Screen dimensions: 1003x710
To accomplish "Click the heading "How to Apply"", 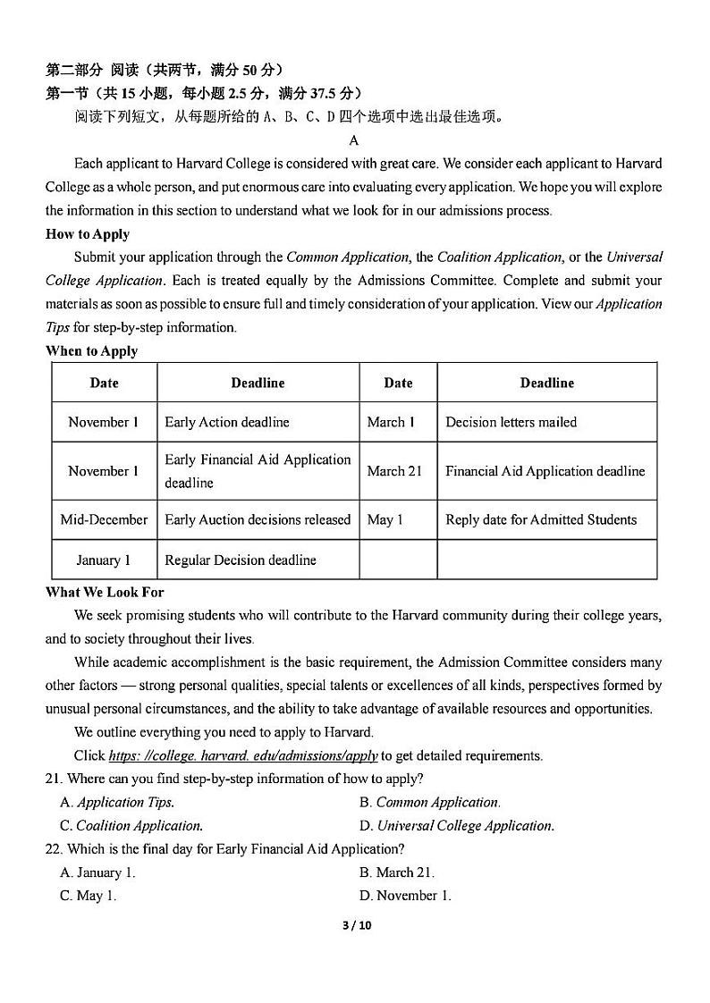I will point(88,234).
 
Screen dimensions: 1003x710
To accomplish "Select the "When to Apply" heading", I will point(92,350).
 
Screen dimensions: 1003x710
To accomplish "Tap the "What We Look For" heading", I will point(105,592).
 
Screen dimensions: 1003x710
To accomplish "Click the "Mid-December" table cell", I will point(104,519).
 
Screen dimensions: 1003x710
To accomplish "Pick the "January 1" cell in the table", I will point(104,560).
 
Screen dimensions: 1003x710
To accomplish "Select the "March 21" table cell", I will point(394,471).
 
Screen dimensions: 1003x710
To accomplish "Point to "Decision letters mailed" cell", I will point(511,422).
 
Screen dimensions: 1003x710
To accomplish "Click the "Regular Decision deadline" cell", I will point(241,560).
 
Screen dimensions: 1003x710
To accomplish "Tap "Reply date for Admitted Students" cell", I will point(541,519).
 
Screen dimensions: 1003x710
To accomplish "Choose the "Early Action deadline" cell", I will point(227,422).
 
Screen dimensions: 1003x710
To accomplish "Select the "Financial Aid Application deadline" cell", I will point(545,471).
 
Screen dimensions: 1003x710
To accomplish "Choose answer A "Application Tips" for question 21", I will point(117,802).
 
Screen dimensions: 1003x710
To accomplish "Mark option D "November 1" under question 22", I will point(405,895).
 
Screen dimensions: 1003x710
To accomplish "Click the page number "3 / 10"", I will point(356,925).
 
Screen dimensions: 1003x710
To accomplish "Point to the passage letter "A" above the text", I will point(354,140).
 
